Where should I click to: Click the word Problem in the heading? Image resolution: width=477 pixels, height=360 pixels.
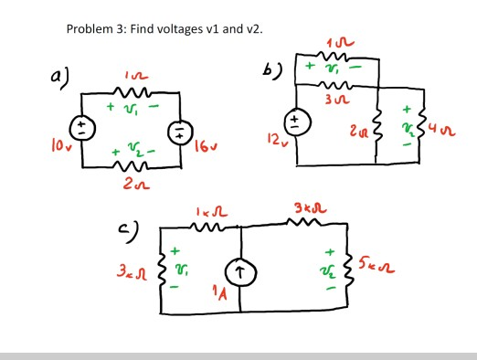click(x=91, y=29)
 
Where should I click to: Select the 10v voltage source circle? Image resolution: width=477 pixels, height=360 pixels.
click(x=81, y=129)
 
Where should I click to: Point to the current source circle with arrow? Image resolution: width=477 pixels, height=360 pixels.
click(x=240, y=271)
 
